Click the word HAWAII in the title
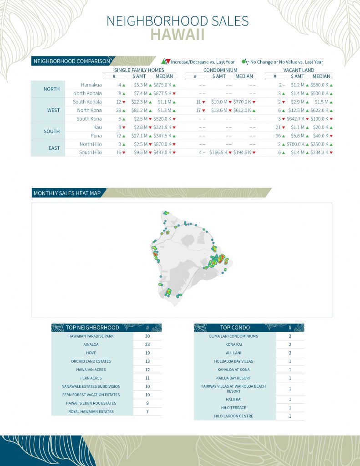(177, 35)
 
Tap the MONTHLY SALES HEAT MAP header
(67, 193)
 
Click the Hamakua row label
(91, 85)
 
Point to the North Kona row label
(89, 110)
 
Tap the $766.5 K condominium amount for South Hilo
(218, 152)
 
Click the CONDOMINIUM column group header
(221, 70)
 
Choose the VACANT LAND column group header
(299, 70)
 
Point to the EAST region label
(51, 148)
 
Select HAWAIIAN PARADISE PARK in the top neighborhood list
(91, 336)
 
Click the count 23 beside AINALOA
(147, 344)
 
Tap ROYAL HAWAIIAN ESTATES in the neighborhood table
(91, 411)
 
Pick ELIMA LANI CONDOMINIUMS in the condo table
(234, 336)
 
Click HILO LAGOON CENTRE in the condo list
(234, 416)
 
